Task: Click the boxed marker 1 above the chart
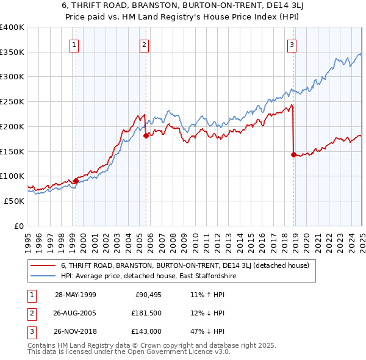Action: coord(74,44)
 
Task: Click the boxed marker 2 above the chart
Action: coord(144,44)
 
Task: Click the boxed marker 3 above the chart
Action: coord(292,44)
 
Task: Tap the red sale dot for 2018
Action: coord(294,154)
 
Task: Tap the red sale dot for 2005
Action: coord(146,135)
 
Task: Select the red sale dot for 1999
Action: coord(76,181)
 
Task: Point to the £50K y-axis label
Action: coord(14,201)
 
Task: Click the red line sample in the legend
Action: coord(43,266)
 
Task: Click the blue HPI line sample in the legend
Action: coord(43,276)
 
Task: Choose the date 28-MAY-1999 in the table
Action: coord(76,294)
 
